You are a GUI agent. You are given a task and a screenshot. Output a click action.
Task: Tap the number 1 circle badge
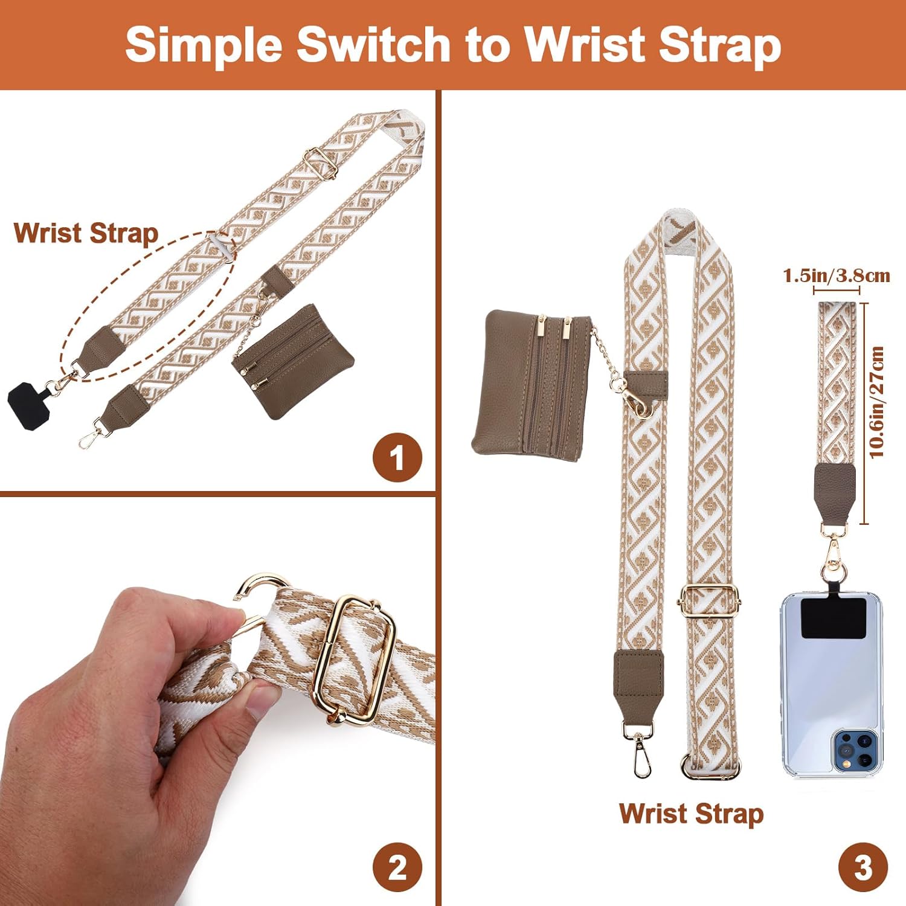397,458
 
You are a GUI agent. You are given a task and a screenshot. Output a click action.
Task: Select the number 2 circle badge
397,868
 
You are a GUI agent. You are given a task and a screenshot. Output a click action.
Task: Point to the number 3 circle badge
863,868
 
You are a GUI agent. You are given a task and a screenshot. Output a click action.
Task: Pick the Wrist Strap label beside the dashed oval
86,234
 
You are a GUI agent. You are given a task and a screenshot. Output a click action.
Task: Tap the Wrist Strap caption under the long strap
691,814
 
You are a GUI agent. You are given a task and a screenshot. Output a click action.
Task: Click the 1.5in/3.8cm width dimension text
837,276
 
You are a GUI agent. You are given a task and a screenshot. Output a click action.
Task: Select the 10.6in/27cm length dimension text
877,402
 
